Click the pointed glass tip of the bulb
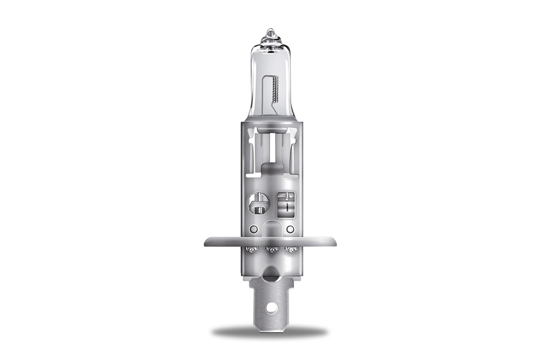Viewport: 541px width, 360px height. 270,33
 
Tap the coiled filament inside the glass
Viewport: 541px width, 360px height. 275,90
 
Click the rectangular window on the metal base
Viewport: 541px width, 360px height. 286,203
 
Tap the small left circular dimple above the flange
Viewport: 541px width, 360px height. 254,229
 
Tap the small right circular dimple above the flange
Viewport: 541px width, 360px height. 290,229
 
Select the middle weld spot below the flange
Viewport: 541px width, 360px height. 271,249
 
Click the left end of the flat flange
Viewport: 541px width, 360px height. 207,242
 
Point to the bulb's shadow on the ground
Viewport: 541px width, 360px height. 270,331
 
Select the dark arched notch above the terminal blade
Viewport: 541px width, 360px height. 270,273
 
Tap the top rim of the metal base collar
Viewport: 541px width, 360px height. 271,124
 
